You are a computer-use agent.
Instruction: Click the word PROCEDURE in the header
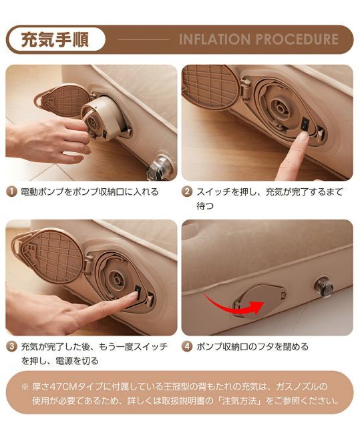coord(297,39)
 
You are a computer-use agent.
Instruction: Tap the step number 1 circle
coord(11,192)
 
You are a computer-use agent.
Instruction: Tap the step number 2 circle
coord(188,192)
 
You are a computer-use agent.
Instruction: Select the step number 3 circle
coord(11,347)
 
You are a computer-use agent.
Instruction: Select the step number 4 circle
coord(188,347)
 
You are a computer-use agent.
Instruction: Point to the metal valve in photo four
coord(325,287)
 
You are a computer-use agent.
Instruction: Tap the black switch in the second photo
coord(303,125)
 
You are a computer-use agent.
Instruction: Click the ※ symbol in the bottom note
coord(25,386)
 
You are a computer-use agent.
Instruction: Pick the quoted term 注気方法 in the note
coord(239,401)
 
